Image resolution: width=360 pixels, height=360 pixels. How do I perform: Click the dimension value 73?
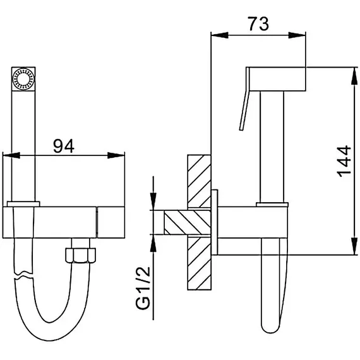[258, 24]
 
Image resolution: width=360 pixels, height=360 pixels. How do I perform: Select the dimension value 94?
[64, 146]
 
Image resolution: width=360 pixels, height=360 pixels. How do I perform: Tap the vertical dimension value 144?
[344, 161]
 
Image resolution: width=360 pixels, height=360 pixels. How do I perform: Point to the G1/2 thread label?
[143, 288]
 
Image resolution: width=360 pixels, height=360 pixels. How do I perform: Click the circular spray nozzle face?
[23, 79]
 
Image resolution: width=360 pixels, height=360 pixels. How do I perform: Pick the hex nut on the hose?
[80, 255]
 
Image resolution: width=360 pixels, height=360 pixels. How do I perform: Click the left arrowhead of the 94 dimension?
[11, 155]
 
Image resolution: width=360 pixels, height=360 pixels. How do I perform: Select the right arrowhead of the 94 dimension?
[116, 155]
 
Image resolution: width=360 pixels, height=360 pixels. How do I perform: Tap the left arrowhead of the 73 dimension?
[220, 35]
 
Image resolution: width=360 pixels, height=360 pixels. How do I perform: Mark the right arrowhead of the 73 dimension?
[297, 35]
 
